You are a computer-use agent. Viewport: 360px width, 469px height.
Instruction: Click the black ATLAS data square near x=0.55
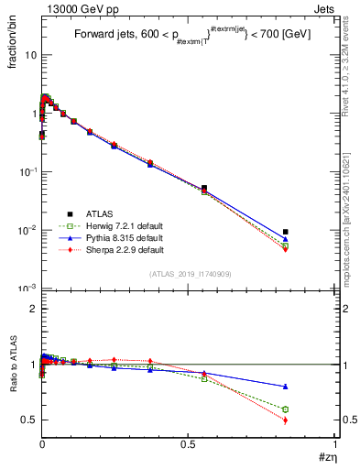(x=203, y=188)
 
